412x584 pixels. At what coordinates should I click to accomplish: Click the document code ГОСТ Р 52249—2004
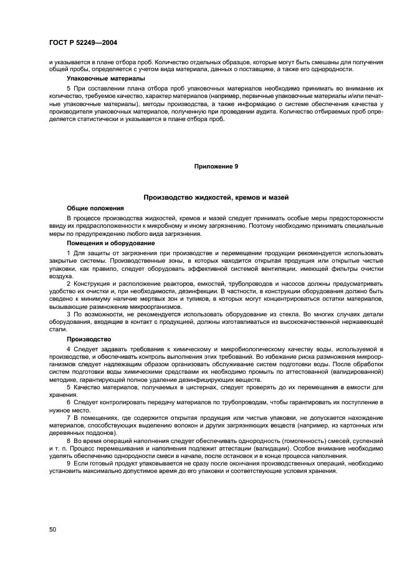coord(83,42)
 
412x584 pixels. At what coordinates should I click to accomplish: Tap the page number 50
coord(52,529)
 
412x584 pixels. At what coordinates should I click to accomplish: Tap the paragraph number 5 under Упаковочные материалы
coord(69,89)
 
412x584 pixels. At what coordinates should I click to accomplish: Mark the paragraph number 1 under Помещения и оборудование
coord(69,253)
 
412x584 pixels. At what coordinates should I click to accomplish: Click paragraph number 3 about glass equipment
coord(69,314)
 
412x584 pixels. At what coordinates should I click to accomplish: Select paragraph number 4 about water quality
coord(69,349)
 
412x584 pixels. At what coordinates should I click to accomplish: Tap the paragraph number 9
coord(69,463)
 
